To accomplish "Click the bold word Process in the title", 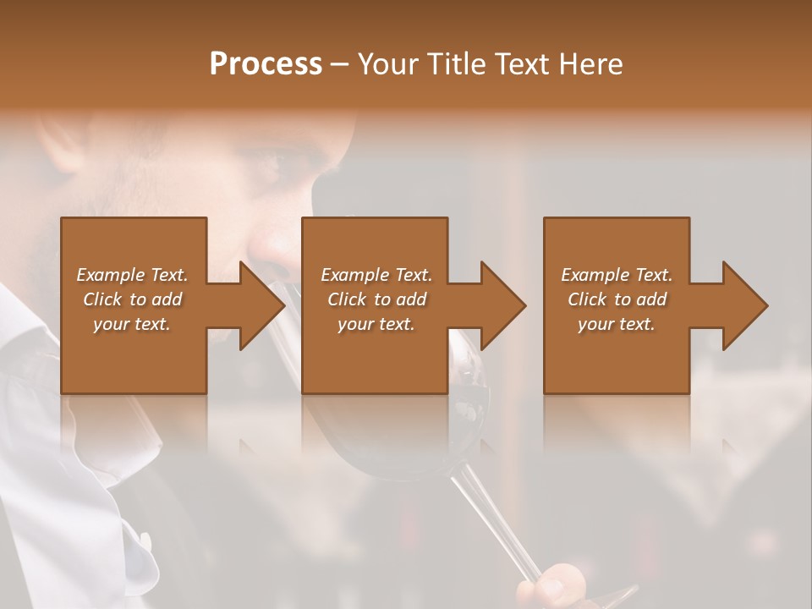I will point(266,64).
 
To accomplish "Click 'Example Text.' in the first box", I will point(133,275).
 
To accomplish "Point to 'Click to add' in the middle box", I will point(376,299).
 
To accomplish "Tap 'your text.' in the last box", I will point(617,324).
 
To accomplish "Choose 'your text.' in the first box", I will point(133,324).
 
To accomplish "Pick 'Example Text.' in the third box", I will point(617,275).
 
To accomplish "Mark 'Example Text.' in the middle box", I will point(376,275).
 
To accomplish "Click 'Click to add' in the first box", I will point(133,299).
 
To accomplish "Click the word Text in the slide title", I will point(522,64).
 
